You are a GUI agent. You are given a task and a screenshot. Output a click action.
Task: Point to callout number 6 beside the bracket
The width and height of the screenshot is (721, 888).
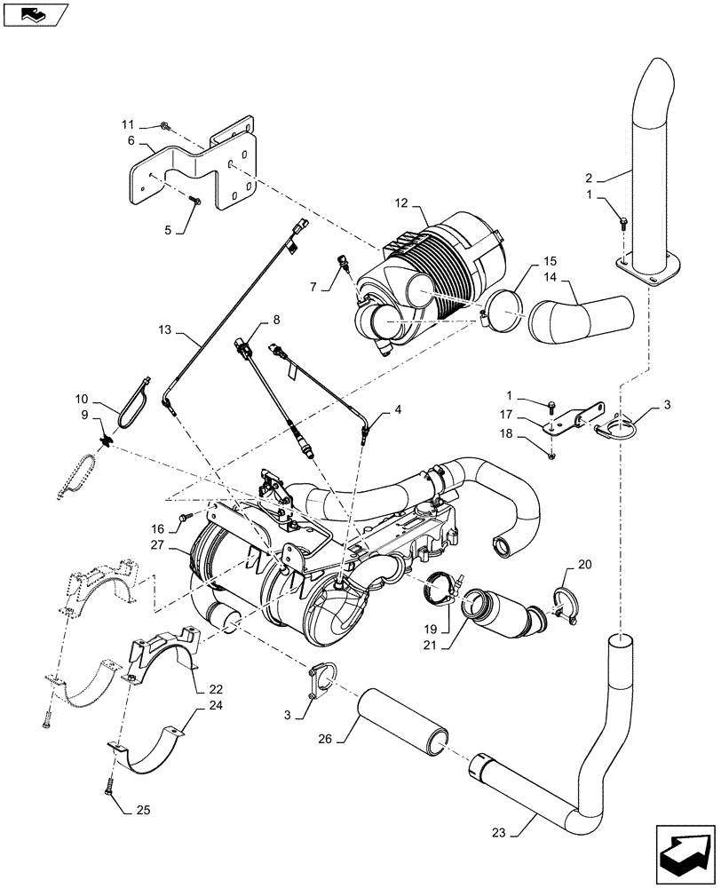point(131,140)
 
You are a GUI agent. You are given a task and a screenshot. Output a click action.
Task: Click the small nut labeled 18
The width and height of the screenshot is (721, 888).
point(552,456)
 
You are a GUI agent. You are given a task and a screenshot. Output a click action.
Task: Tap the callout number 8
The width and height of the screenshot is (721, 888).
point(275,318)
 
